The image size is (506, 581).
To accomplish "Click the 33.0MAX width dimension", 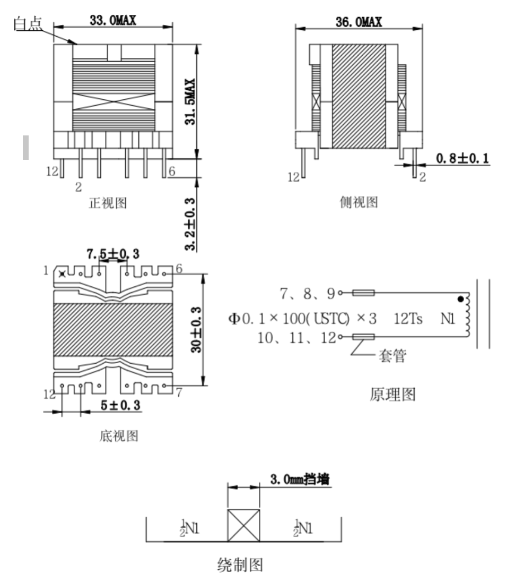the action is pyautogui.click(x=113, y=20).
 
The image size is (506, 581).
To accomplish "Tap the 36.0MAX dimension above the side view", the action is pyautogui.click(x=359, y=22).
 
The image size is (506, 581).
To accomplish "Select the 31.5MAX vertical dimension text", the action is pyautogui.click(x=190, y=101).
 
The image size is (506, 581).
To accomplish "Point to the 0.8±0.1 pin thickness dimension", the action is pyautogui.click(x=463, y=158).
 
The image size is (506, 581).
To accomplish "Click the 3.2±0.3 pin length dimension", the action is pyautogui.click(x=190, y=224).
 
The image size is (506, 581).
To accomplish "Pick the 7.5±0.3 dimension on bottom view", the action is pyautogui.click(x=113, y=254).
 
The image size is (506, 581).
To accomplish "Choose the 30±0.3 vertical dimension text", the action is pyautogui.click(x=196, y=329).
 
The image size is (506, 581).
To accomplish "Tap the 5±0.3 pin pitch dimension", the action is pyautogui.click(x=121, y=405).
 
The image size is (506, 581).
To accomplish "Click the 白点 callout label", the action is pyautogui.click(x=28, y=24).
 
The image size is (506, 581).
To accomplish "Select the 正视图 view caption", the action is pyautogui.click(x=108, y=203).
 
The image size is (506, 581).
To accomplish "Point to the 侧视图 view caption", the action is pyautogui.click(x=359, y=202).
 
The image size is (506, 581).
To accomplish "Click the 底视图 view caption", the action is pyautogui.click(x=119, y=435).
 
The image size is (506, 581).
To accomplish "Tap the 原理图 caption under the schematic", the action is pyautogui.click(x=392, y=394).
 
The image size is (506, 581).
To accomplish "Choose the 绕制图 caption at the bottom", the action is pyautogui.click(x=240, y=565).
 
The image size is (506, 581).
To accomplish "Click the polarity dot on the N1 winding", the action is pyautogui.click(x=460, y=299).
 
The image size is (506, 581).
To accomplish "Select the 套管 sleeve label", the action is pyautogui.click(x=392, y=356).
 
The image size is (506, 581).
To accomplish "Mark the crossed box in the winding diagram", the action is pyautogui.click(x=243, y=525).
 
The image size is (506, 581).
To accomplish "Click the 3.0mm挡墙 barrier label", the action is pyautogui.click(x=300, y=479).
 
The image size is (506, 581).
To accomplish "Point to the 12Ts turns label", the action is pyautogui.click(x=408, y=319).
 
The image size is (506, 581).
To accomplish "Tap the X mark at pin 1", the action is pyautogui.click(x=62, y=274).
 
